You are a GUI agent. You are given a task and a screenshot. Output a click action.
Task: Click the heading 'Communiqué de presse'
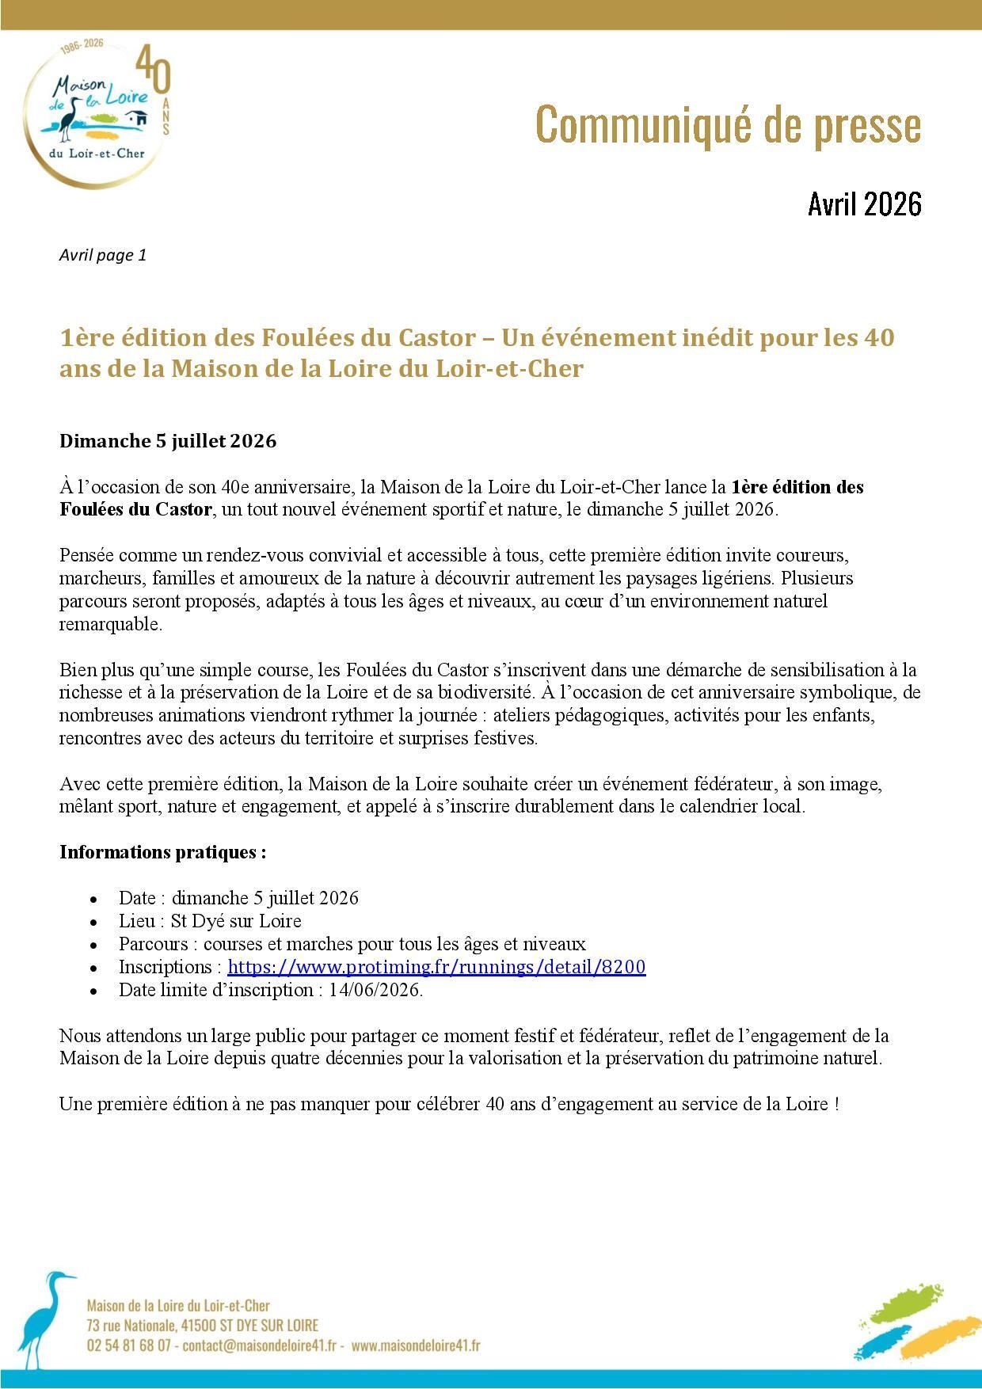tap(729, 125)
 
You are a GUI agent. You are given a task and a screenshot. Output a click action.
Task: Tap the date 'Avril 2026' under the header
tap(865, 204)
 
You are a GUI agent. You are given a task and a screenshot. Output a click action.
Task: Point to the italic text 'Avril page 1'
tap(103, 255)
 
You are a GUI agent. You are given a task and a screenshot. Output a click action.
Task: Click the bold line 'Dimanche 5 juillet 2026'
tap(168, 441)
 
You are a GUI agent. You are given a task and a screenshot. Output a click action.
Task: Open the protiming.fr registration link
tap(436, 967)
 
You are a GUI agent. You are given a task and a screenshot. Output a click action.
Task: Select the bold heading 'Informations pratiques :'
tap(162, 852)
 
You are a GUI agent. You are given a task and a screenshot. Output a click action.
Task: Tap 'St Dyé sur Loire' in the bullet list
tap(236, 921)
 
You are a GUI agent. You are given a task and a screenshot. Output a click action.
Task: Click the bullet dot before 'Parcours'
tap(94, 946)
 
